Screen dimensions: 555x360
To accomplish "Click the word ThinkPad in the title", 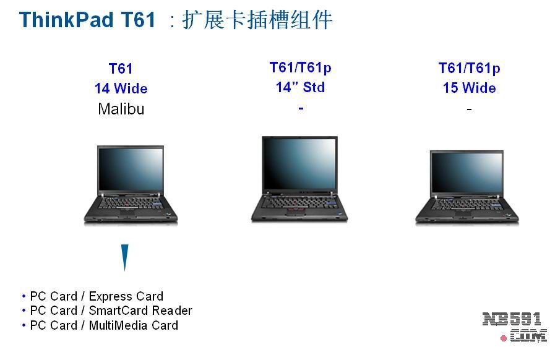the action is (x=66, y=19).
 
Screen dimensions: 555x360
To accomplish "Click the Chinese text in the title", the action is (x=257, y=20).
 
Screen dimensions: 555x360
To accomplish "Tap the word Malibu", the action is (x=121, y=109).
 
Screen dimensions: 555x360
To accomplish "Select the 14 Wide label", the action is (x=121, y=88).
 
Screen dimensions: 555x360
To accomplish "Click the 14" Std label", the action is (x=300, y=87).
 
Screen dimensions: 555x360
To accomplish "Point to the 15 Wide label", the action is (x=470, y=88).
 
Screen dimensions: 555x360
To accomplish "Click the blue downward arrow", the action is (x=124, y=257).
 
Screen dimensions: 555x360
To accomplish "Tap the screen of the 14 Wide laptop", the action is (x=131, y=169).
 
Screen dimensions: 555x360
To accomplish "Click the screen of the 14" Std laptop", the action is (x=300, y=163).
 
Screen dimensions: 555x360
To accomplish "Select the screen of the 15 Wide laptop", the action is (x=467, y=173).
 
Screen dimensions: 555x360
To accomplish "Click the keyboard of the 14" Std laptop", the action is (x=299, y=202).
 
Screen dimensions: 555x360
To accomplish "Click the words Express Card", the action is (x=126, y=296).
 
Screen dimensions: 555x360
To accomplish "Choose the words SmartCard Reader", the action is (x=140, y=311).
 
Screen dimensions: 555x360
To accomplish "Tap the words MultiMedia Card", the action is (x=134, y=325).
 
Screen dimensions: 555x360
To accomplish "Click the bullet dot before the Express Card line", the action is (x=24, y=296).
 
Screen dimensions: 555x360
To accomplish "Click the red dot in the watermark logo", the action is (x=504, y=338).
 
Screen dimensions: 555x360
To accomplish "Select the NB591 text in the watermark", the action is (x=512, y=319).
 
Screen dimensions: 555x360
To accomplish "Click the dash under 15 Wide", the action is (x=470, y=109).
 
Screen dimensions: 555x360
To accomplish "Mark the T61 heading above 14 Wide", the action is (x=121, y=69).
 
